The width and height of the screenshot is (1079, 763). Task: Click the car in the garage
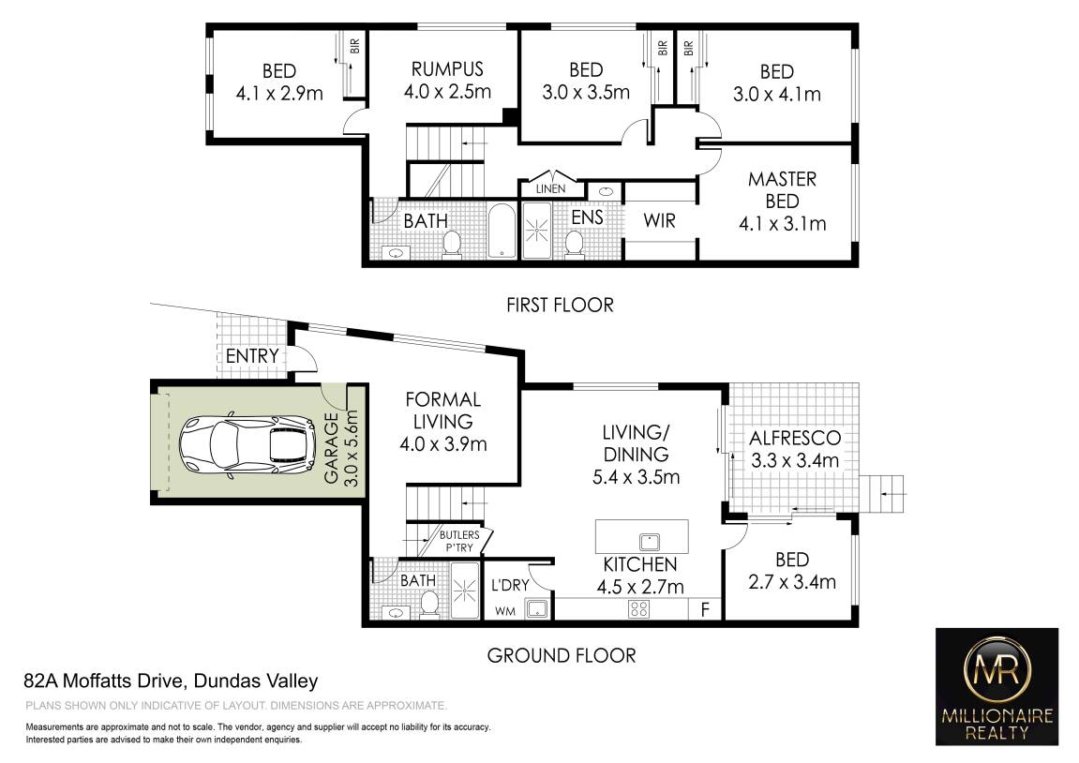tap(247, 446)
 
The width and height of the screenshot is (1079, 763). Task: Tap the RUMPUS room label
tap(447, 69)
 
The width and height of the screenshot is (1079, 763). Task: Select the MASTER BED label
tap(783, 190)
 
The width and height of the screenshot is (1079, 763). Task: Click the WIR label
tap(659, 221)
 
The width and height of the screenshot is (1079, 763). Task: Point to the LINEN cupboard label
tap(550, 188)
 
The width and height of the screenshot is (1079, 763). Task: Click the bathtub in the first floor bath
tap(502, 232)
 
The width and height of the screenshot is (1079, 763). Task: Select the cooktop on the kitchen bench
tap(638, 609)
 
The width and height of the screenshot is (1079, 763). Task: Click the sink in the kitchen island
tap(650, 542)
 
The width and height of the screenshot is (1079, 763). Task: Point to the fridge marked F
tap(705, 609)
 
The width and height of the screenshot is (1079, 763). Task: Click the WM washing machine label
tap(505, 611)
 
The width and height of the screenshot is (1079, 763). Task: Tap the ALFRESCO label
tap(795, 439)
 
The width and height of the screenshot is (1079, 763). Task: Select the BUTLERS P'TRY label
tap(459, 541)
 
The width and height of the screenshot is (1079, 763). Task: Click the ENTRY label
tap(252, 355)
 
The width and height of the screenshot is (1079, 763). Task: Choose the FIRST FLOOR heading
tap(561, 305)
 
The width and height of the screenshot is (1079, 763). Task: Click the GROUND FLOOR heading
tap(562, 655)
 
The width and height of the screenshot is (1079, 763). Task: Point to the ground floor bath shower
tap(464, 591)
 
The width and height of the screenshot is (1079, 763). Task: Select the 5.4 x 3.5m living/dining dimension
tap(636, 477)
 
